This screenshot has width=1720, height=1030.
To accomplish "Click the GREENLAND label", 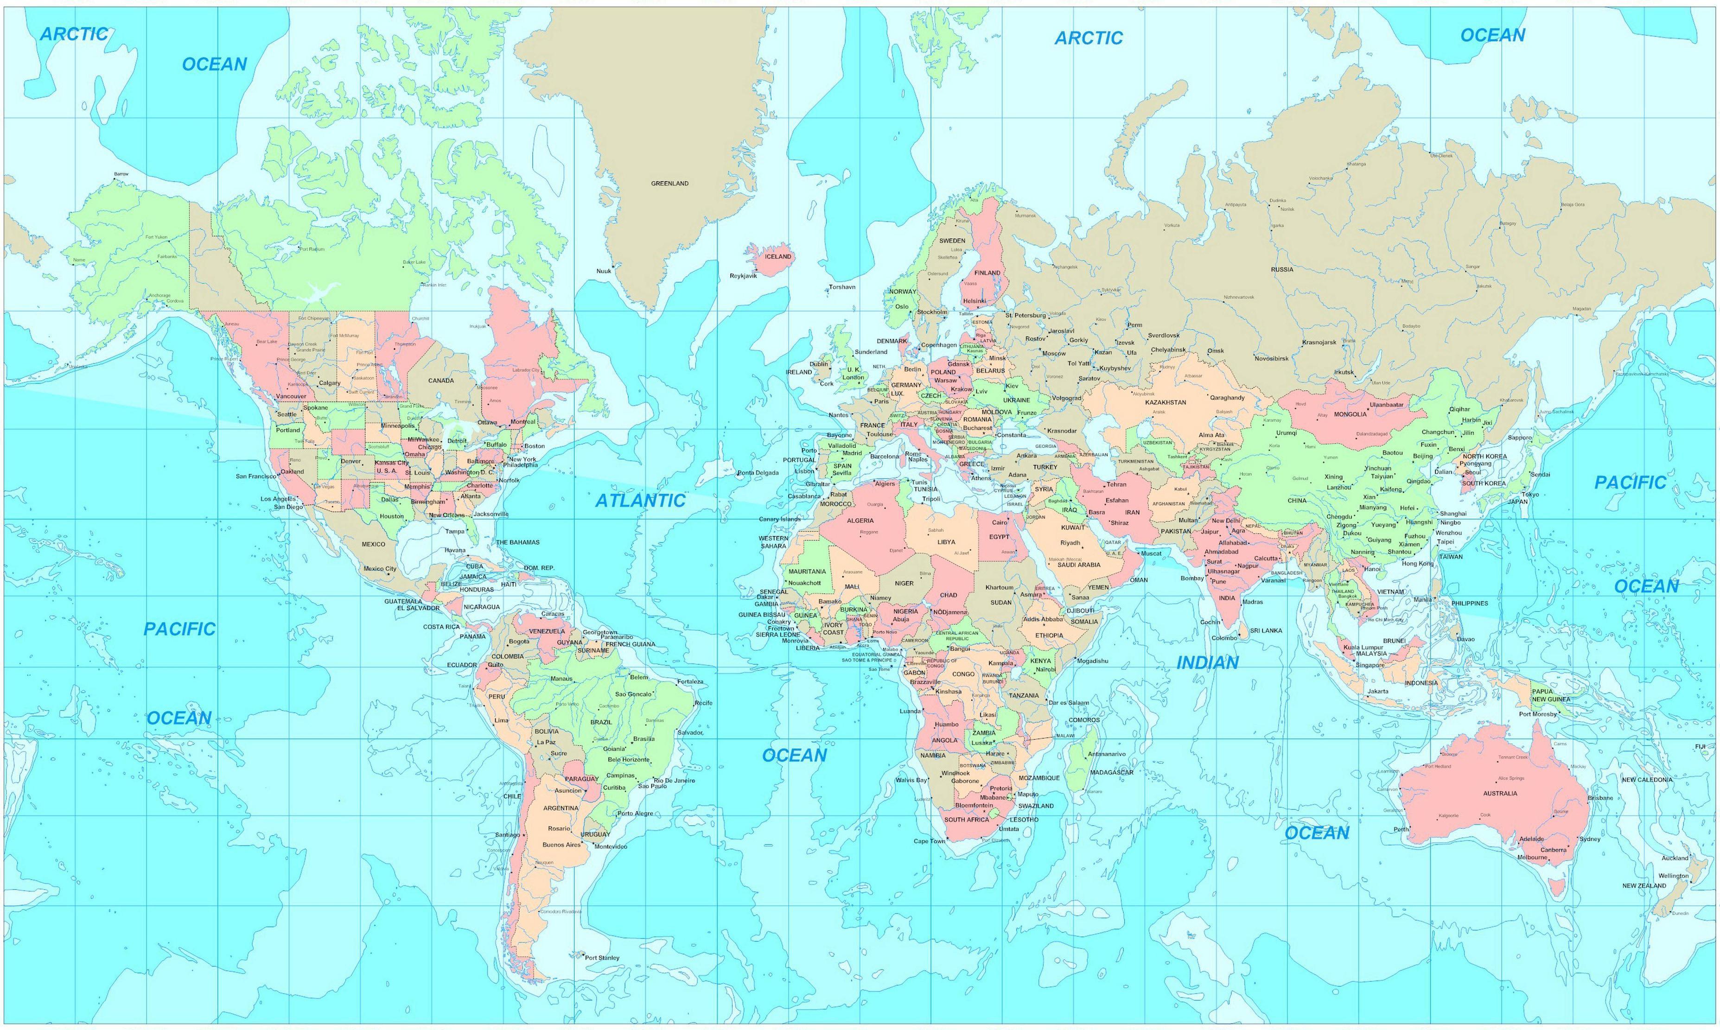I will coord(669,183).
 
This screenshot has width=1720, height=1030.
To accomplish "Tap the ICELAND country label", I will coord(777,256).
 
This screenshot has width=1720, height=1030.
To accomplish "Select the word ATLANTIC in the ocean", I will coord(640,501).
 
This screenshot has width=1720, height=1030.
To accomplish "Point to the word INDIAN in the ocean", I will coord(1207,663).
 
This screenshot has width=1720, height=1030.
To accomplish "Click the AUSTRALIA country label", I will coord(1500,793).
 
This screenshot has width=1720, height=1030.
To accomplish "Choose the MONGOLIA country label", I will coord(1350,414).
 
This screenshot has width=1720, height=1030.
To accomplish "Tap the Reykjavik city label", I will coord(743,275).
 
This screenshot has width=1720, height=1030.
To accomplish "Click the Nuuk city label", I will coord(603,271).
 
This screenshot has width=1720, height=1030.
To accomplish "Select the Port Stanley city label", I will coord(602,958).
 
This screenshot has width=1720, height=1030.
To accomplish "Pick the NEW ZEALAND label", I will coord(1644,886).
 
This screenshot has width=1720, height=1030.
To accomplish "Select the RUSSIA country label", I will coord(1282,269).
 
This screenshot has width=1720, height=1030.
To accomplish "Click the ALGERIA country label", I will coord(860,521).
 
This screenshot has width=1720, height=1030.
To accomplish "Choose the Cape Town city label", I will coord(929,841).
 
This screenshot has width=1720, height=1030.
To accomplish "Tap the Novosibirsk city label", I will coord(1271,359).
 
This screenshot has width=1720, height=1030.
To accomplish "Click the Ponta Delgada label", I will coord(758,473).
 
